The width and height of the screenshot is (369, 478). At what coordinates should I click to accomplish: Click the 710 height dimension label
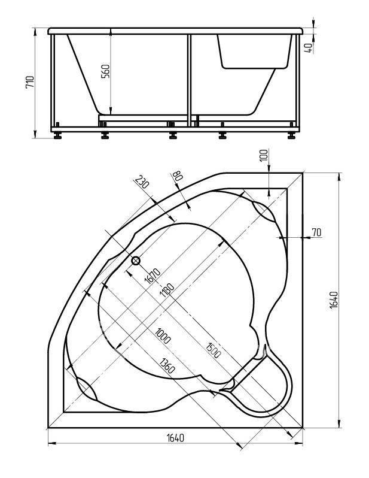[x=30, y=82]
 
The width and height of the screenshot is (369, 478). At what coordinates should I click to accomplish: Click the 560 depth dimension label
[x=105, y=71]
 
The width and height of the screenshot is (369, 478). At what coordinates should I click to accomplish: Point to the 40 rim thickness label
[x=309, y=49]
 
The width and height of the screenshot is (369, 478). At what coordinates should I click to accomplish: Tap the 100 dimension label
[x=264, y=155]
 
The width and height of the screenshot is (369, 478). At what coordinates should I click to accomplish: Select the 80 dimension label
[x=177, y=176]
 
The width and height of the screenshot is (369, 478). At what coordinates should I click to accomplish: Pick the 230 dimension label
[x=142, y=182]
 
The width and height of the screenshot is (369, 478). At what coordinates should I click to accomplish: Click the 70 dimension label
[x=316, y=232]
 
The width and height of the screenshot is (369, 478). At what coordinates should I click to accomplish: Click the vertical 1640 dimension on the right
[x=334, y=300]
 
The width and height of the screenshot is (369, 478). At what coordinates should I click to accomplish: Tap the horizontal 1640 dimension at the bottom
[x=175, y=438]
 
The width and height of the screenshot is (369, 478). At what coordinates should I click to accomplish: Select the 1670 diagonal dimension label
[x=152, y=276]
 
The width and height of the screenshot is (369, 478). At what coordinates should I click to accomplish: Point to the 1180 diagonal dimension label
[x=167, y=290]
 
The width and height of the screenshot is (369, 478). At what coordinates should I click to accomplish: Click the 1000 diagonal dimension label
[x=163, y=335]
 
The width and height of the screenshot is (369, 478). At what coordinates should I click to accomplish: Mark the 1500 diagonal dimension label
[x=213, y=350]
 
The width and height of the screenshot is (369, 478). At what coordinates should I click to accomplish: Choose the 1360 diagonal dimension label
[x=167, y=365]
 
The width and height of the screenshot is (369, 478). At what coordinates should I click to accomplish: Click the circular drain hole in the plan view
[x=136, y=261]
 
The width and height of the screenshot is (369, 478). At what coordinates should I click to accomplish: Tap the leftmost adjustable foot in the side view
[x=57, y=135]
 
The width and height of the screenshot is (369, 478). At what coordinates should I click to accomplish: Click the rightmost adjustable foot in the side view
[x=291, y=135]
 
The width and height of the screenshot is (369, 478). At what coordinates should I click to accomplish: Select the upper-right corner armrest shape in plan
[x=264, y=211]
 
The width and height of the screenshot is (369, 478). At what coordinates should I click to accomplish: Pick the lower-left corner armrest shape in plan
[x=86, y=389]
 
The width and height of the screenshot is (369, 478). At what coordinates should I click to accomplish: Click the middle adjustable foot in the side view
[x=173, y=135]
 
